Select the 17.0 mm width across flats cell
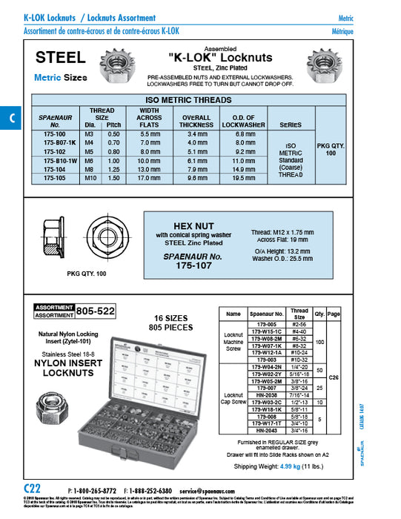tap(150, 179)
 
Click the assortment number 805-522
tap(96, 312)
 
